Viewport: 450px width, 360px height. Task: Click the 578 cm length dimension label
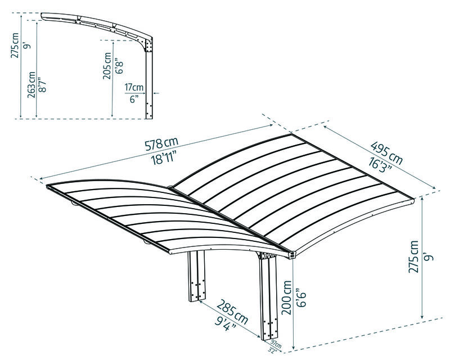pyautogui.click(x=161, y=144)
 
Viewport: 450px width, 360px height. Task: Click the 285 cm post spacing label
pyautogui.click(x=232, y=312)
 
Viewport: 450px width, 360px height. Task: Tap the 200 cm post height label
pyautogui.click(x=287, y=298)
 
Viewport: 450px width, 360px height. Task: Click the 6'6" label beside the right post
pyautogui.click(x=301, y=300)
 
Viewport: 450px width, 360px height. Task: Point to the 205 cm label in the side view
pyautogui.click(x=107, y=66)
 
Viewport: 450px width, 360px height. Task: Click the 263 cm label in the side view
pyautogui.click(x=31, y=85)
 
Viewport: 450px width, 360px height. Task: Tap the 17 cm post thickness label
pyautogui.click(x=134, y=87)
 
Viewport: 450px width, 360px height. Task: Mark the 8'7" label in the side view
pyautogui.click(x=43, y=85)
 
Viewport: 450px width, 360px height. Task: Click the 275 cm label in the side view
pyautogui.click(x=15, y=46)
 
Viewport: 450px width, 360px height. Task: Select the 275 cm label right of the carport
pyautogui.click(x=413, y=256)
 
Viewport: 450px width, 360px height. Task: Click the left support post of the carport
pyautogui.click(x=197, y=276)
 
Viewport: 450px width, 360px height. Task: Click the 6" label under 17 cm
pyautogui.click(x=134, y=100)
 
